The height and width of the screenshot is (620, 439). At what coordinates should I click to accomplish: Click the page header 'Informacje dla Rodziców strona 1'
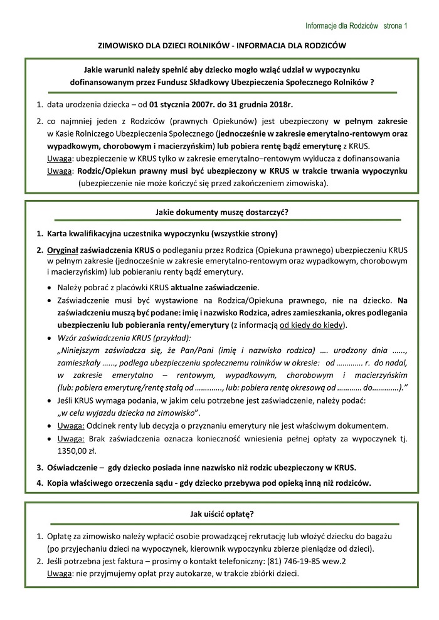tap(356, 26)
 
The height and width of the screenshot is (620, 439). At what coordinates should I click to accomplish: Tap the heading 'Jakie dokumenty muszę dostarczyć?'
tap(218, 212)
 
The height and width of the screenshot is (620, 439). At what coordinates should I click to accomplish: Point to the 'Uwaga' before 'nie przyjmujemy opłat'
tap(60, 574)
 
